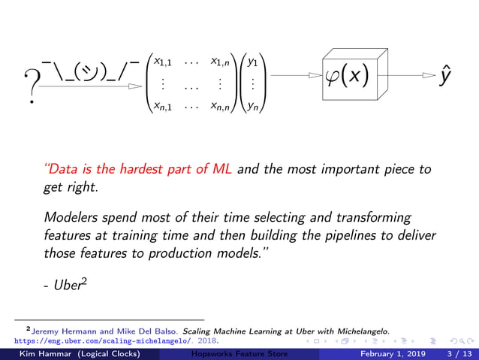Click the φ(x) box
click(348, 77)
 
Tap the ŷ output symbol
click(446, 75)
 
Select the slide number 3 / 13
click(459, 353)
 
